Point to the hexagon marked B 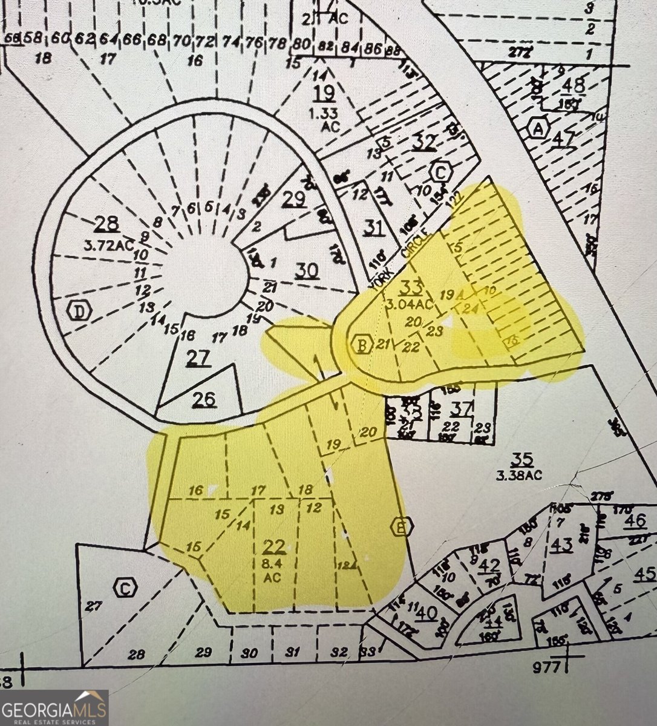[x=362, y=345]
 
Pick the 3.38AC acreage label [x=519, y=475]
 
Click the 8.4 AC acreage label [x=273, y=571]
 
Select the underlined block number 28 [x=106, y=224]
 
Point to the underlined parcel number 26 [x=204, y=399]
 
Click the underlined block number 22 [x=274, y=547]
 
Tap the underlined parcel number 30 [x=306, y=270]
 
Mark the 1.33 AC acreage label [x=324, y=119]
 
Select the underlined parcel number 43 [x=561, y=544]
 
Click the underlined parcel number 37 [x=461, y=408]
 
